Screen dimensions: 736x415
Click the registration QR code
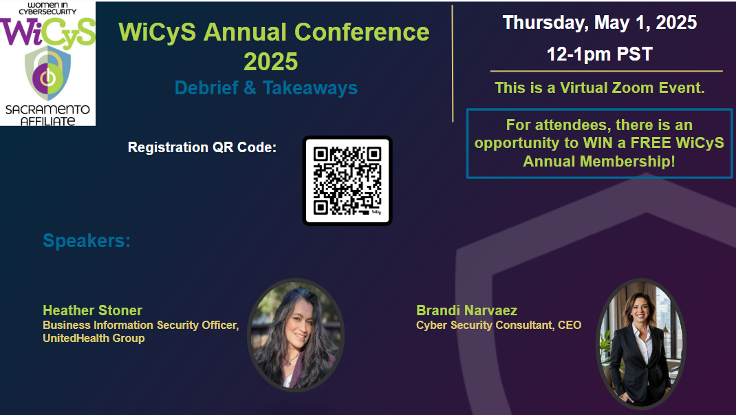(x=347, y=181)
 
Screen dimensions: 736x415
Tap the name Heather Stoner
(x=92, y=310)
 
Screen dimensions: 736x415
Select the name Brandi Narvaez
(x=466, y=310)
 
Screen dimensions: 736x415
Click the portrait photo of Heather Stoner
(x=296, y=335)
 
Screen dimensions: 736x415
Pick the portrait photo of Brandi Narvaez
(x=640, y=344)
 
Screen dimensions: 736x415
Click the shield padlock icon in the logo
(x=48, y=73)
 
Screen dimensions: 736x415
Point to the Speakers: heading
(x=87, y=241)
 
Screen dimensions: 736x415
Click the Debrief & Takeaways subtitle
(x=266, y=88)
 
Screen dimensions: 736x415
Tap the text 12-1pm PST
(x=600, y=54)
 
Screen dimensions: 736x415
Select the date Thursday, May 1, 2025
(x=600, y=23)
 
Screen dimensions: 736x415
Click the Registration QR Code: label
(x=202, y=147)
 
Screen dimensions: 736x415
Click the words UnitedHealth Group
(x=94, y=338)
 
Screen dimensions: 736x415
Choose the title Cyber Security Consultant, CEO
(x=499, y=325)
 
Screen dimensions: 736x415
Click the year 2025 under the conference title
(x=271, y=61)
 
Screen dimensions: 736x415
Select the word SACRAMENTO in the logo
(x=47, y=109)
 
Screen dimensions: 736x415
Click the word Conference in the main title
(x=362, y=32)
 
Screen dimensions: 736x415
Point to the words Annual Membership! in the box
(x=599, y=161)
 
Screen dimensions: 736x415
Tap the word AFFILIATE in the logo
(x=48, y=121)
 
